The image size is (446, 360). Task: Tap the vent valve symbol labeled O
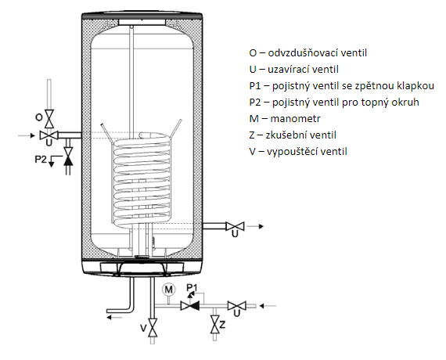(49, 117)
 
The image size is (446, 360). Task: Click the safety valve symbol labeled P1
(188, 305)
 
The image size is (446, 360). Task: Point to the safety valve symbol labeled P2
(68, 157)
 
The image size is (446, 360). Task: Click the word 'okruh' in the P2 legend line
(399, 102)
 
